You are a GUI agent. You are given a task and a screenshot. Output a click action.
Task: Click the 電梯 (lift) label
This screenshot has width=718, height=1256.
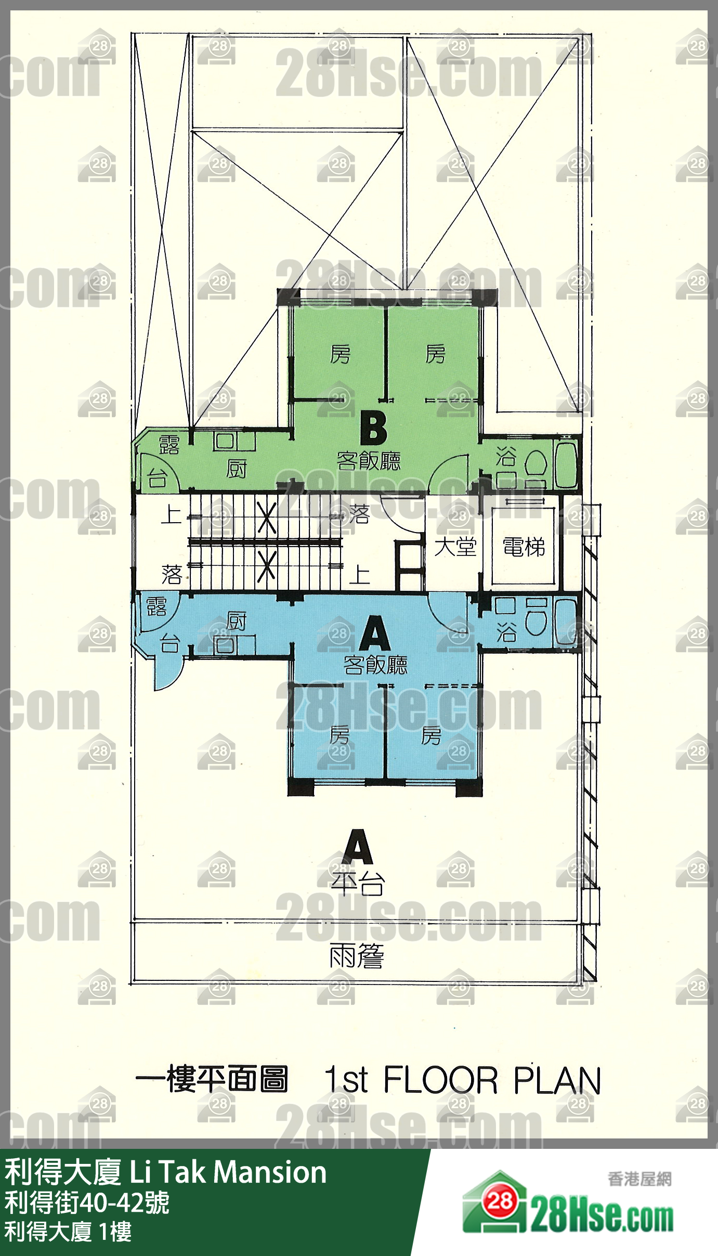tap(524, 547)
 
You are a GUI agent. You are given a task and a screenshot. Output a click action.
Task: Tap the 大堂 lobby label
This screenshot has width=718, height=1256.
tap(455, 547)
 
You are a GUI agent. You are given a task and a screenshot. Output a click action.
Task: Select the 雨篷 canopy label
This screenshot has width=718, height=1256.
tap(357, 955)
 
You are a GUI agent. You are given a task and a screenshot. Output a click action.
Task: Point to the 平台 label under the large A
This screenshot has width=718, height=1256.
tap(358, 883)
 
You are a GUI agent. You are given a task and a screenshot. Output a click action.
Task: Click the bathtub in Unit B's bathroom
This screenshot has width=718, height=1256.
tap(566, 463)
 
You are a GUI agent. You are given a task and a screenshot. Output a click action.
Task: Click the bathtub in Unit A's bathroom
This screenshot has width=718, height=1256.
tap(566, 621)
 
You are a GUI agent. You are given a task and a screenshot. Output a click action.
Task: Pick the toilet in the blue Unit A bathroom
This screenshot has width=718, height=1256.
tap(536, 617)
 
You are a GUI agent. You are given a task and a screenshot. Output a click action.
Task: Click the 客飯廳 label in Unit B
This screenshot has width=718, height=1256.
tap(369, 461)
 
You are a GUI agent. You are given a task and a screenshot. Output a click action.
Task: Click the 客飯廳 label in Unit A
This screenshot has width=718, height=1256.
tap(375, 665)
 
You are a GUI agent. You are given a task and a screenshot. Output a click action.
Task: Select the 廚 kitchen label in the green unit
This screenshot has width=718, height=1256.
tap(237, 469)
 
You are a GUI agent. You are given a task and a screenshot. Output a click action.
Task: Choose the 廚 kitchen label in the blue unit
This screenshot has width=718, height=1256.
tap(237, 621)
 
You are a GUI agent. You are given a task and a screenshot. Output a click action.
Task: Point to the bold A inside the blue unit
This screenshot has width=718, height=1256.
tap(375, 633)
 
